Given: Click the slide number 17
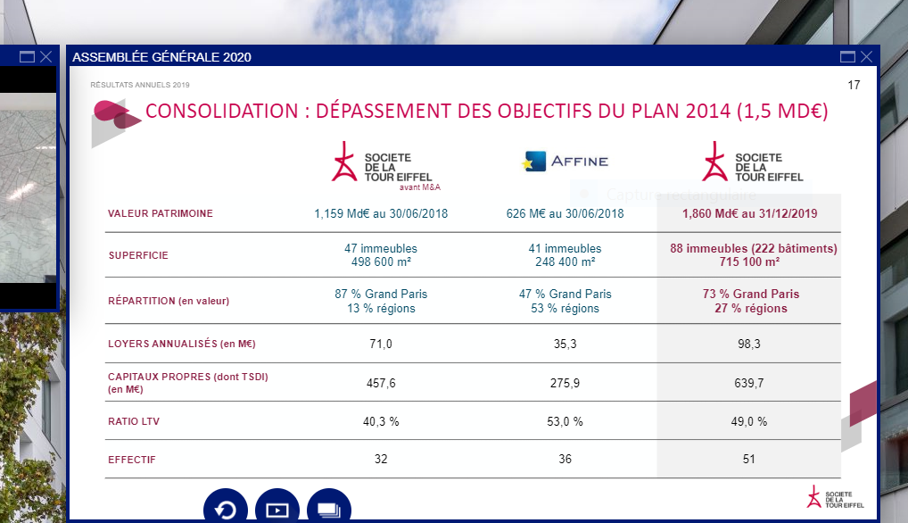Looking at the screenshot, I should click(854, 86).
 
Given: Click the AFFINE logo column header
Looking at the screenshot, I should click(565, 162).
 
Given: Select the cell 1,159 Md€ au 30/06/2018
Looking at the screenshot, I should click(380, 214).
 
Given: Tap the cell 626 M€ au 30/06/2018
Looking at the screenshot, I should click(565, 214).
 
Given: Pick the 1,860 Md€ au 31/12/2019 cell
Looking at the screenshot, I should click(749, 214).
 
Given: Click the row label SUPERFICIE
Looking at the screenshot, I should click(138, 255).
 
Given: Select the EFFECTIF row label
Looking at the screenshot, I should click(132, 460).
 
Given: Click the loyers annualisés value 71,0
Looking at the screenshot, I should click(380, 344).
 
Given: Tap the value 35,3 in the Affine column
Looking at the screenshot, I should click(565, 344).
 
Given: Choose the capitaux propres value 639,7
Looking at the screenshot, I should click(748, 383).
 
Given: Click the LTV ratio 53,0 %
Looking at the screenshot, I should click(565, 421).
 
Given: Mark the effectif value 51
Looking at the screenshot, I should click(748, 460).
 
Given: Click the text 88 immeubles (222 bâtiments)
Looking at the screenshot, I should click(754, 249).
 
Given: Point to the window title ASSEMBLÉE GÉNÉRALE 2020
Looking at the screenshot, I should click(161, 57).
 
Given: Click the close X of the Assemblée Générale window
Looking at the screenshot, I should click(866, 57).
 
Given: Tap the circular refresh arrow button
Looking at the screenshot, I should click(226, 509).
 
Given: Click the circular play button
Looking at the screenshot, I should click(277, 509).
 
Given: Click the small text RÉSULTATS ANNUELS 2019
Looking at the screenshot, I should click(140, 86).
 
